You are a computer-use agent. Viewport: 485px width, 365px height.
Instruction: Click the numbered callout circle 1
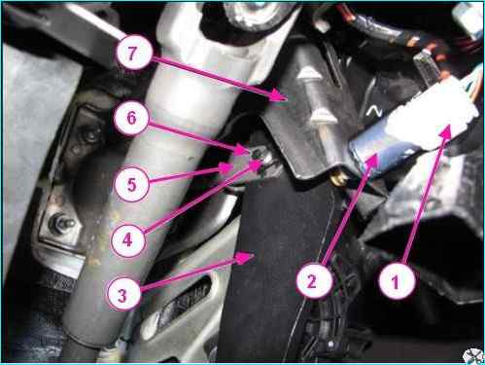click(396, 280)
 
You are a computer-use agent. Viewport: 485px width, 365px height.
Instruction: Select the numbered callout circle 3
click(122, 294)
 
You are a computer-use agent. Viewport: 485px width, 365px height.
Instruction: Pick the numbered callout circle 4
click(127, 239)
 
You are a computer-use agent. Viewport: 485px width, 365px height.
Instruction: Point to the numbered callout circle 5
click(131, 184)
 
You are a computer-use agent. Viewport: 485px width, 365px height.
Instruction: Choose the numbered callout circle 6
click(131, 117)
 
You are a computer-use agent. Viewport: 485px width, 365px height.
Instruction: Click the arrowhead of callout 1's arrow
click(447, 131)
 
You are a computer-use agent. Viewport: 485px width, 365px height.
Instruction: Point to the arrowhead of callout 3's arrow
click(247, 257)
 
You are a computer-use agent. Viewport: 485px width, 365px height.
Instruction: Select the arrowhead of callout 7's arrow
click(279, 96)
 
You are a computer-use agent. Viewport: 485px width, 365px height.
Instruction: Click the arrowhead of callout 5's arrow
click(226, 168)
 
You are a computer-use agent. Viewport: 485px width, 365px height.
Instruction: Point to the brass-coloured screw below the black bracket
click(337, 179)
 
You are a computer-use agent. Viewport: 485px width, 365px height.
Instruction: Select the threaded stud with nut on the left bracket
click(61, 223)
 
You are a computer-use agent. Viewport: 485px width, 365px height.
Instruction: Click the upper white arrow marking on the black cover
click(309, 74)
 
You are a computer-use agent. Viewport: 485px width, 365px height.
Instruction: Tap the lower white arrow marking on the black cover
click(322, 115)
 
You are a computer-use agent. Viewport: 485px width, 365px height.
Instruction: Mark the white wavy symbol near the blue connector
click(374, 112)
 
